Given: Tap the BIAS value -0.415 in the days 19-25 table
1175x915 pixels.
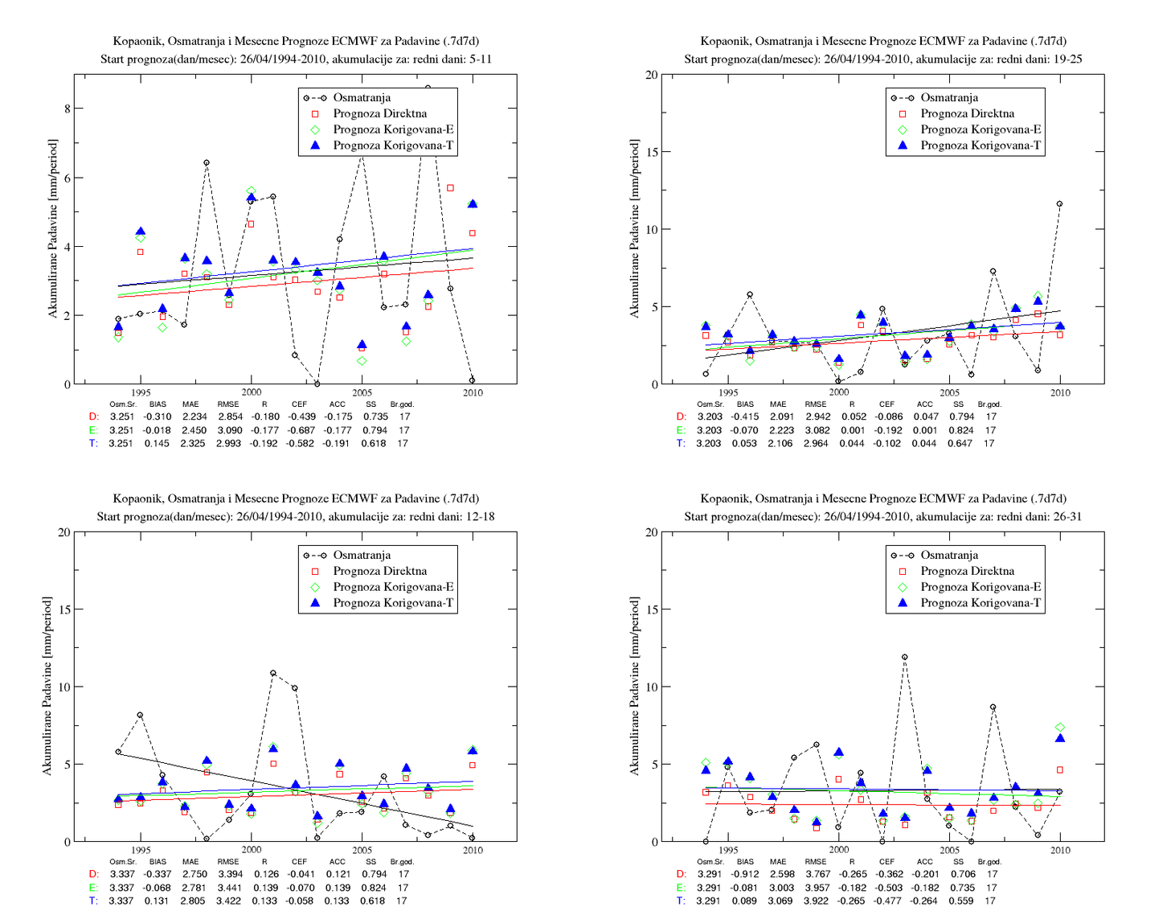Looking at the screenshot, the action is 744,416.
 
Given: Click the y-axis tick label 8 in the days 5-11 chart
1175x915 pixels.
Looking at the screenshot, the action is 67,109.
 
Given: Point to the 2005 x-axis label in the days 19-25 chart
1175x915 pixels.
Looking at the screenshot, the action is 949,392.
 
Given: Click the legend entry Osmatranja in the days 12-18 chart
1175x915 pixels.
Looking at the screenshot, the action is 362,555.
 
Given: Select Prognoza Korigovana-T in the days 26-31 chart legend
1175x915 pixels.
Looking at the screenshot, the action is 981,602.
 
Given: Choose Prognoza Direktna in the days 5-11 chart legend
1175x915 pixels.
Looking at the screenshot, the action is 380,113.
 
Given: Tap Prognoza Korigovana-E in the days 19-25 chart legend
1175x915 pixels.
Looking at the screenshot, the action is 981,129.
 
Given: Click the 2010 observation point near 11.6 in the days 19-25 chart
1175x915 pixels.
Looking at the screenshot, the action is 1059,204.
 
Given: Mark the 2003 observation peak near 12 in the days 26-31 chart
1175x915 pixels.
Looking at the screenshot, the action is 905,657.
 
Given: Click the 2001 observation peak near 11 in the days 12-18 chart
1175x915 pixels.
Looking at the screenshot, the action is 273,673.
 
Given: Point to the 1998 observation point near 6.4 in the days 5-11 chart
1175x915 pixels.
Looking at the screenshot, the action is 207,162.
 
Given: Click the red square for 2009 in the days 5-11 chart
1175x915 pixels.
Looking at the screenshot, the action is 450,188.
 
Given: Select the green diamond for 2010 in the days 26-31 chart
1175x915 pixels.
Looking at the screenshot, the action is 1060,728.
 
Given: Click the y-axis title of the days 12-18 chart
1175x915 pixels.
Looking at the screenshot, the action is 47,687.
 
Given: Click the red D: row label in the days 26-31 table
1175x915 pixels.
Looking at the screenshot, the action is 682,874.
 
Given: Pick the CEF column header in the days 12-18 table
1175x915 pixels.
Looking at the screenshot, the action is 299,861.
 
